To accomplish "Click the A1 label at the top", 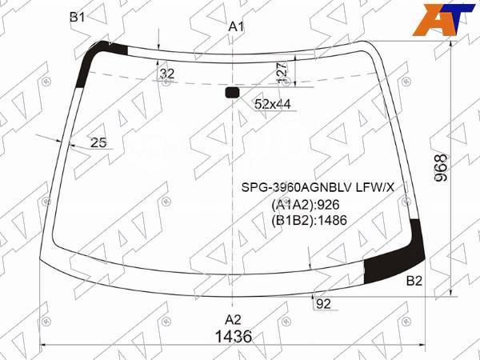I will (x=236, y=26).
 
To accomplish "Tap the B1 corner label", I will (x=78, y=17).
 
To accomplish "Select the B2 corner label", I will (x=414, y=281).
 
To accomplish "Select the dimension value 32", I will (x=166, y=74).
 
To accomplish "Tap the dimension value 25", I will (x=98, y=142).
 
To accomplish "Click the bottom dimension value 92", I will (x=323, y=303).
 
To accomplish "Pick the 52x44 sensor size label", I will (x=272, y=104).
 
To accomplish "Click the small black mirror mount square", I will (x=233, y=93).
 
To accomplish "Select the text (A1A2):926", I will (x=308, y=204).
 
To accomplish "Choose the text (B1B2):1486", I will (x=309, y=220).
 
